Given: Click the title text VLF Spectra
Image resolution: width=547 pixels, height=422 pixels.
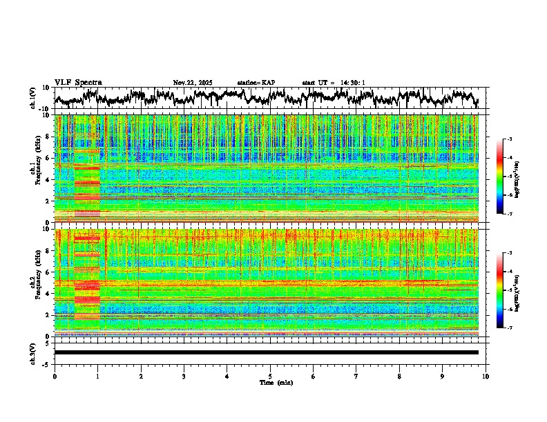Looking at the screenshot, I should click(78, 83).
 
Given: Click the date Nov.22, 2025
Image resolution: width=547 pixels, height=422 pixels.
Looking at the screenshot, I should click(193, 83).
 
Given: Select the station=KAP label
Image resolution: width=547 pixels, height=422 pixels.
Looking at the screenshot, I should click(256, 83).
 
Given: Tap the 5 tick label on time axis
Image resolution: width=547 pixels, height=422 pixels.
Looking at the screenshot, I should click(270, 376).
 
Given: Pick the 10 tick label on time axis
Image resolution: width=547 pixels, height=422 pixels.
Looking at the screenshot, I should click(486, 376).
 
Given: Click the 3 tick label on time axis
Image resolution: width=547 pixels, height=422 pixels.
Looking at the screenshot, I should click(184, 376).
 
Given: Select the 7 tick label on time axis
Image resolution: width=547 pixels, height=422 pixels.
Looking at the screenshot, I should click(356, 376).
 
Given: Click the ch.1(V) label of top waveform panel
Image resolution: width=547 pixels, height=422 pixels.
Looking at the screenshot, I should click(34, 98).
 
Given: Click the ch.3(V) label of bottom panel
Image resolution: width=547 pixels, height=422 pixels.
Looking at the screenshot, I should click(34, 352).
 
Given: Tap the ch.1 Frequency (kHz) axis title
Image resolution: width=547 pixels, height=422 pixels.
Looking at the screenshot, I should click(35, 169).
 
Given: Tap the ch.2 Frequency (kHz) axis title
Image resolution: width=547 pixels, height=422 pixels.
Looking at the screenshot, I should click(35, 283).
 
